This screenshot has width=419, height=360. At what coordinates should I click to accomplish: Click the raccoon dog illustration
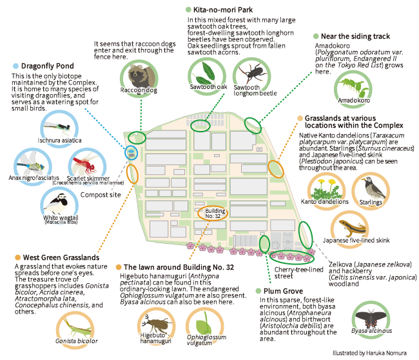139,76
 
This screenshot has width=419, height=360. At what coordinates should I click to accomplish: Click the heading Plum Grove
284,291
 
